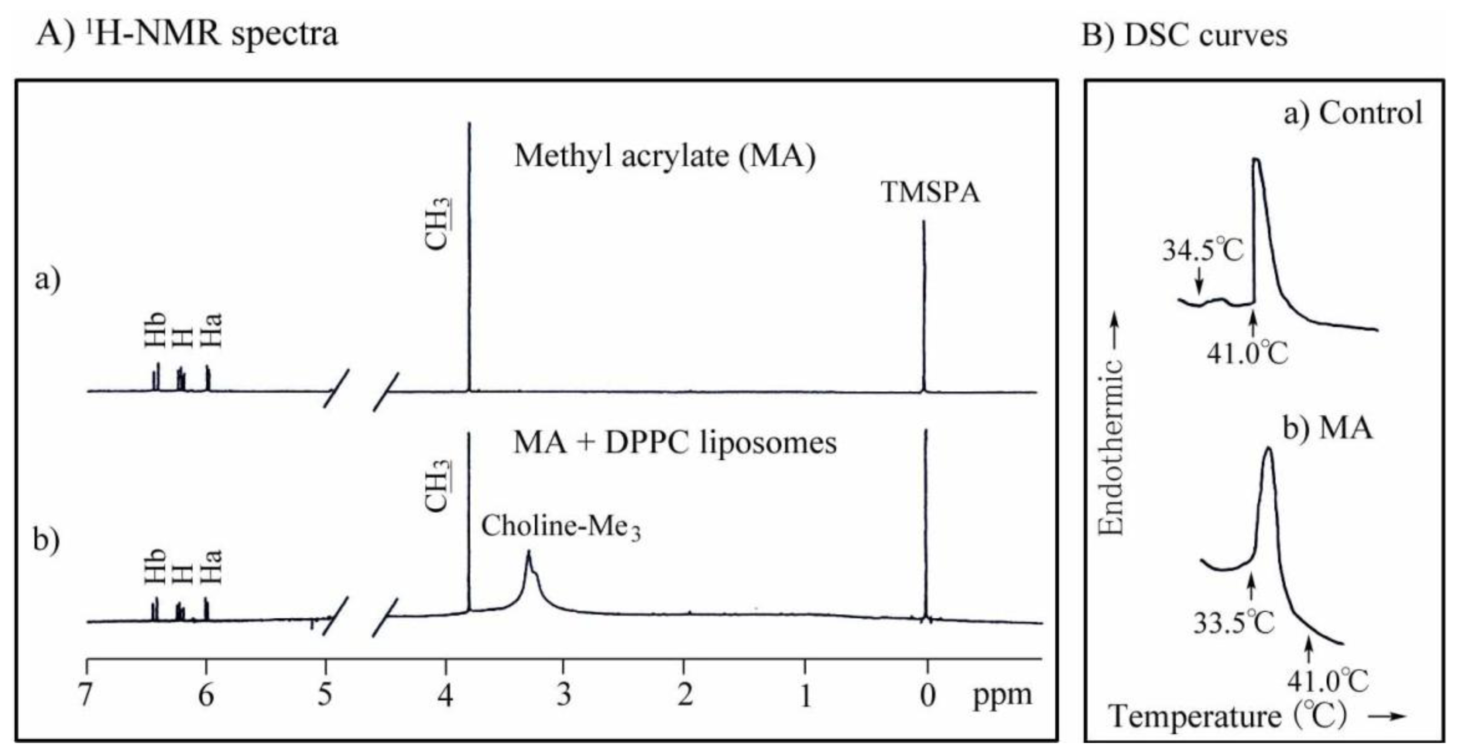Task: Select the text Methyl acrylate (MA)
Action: click(x=664, y=155)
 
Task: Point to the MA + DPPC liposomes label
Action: click(x=675, y=442)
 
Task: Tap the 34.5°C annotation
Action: click(x=1203, y=249)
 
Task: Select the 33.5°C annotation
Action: click(x=1234, y=622)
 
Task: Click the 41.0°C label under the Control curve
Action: click(x=1247, y=353)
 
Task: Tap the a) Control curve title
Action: click(x=1352, y=113)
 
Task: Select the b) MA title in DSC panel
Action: click(x=1327, y=428)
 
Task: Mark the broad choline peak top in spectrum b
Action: click(x=528, y=552)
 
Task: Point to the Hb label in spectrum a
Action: click(x=155, y=330)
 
